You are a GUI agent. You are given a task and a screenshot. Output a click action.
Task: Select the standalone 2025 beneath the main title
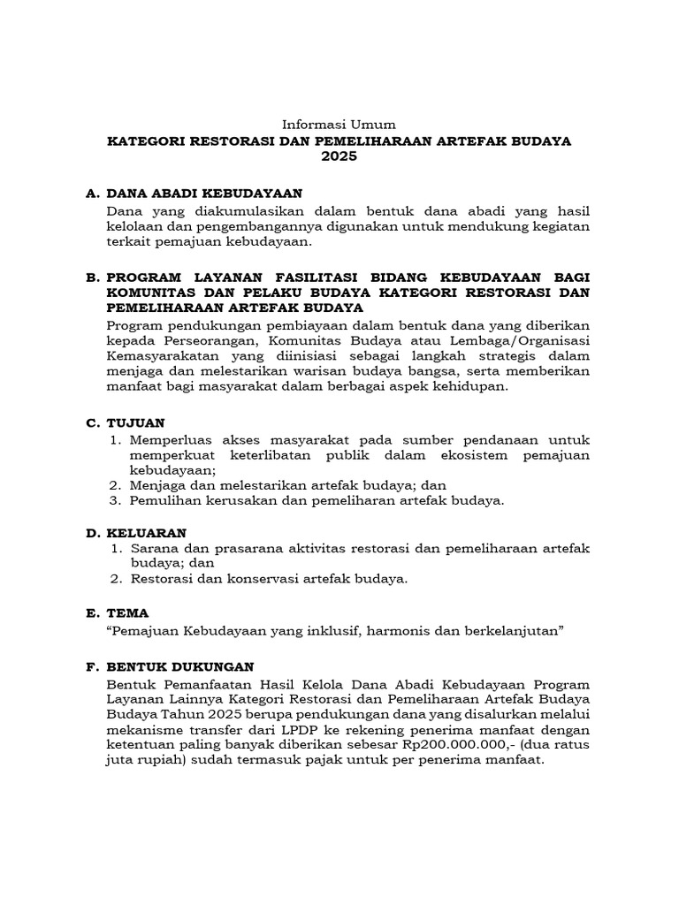point(339,156)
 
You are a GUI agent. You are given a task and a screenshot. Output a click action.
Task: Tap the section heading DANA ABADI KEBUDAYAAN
point(204,193)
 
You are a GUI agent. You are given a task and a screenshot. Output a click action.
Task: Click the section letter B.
point(91,278)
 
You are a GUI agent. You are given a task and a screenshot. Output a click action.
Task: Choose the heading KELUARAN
point(146,532)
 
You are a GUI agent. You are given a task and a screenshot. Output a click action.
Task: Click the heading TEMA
point(127,612)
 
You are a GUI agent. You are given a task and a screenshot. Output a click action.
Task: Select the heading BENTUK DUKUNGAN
point(179,667)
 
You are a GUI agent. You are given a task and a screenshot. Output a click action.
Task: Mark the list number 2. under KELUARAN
point(116,580)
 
